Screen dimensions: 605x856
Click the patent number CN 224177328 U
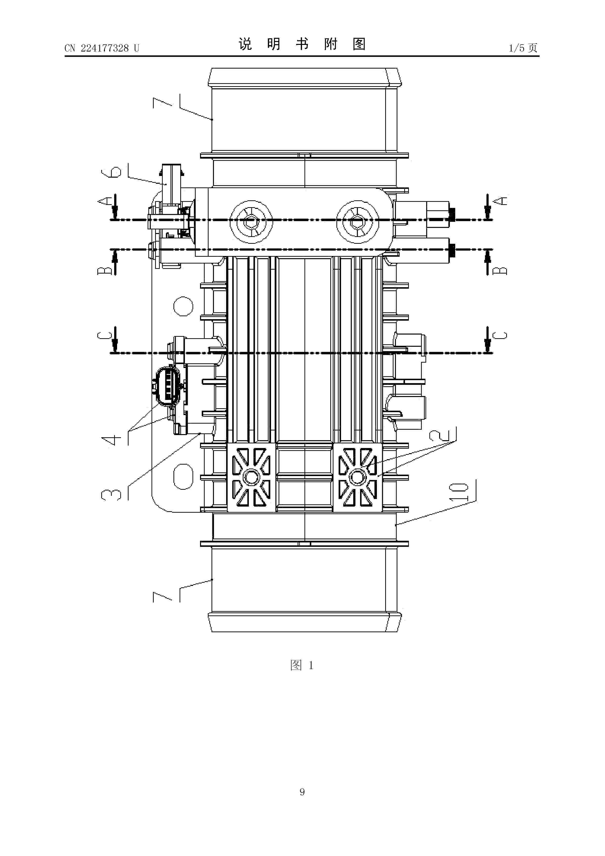(102, 48)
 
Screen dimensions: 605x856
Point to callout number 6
(111, 172)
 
